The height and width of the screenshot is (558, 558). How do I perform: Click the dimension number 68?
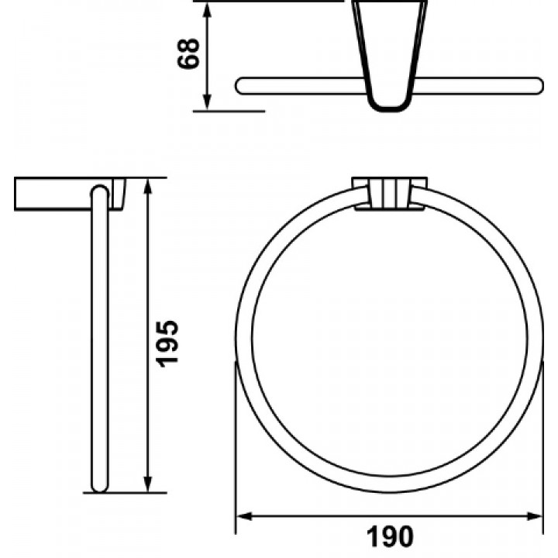pos(188,53)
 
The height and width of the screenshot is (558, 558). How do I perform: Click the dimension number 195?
pos(167,344)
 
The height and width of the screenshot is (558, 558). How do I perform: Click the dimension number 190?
pos(390,536)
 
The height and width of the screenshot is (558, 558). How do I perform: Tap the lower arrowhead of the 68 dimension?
pos(207,102)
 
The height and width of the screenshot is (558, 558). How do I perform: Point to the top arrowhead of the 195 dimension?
pos(148,186)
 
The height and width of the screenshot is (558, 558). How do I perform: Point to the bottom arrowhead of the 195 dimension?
pos(148,484)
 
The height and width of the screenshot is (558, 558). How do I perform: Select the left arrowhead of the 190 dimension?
pos(244,516)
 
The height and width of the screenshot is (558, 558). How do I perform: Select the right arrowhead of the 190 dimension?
pos(535,516)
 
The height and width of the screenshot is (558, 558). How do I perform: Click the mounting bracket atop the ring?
pos(389,193)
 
